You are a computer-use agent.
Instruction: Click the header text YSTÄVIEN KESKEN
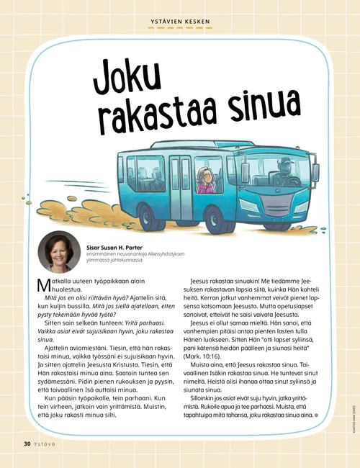180,21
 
